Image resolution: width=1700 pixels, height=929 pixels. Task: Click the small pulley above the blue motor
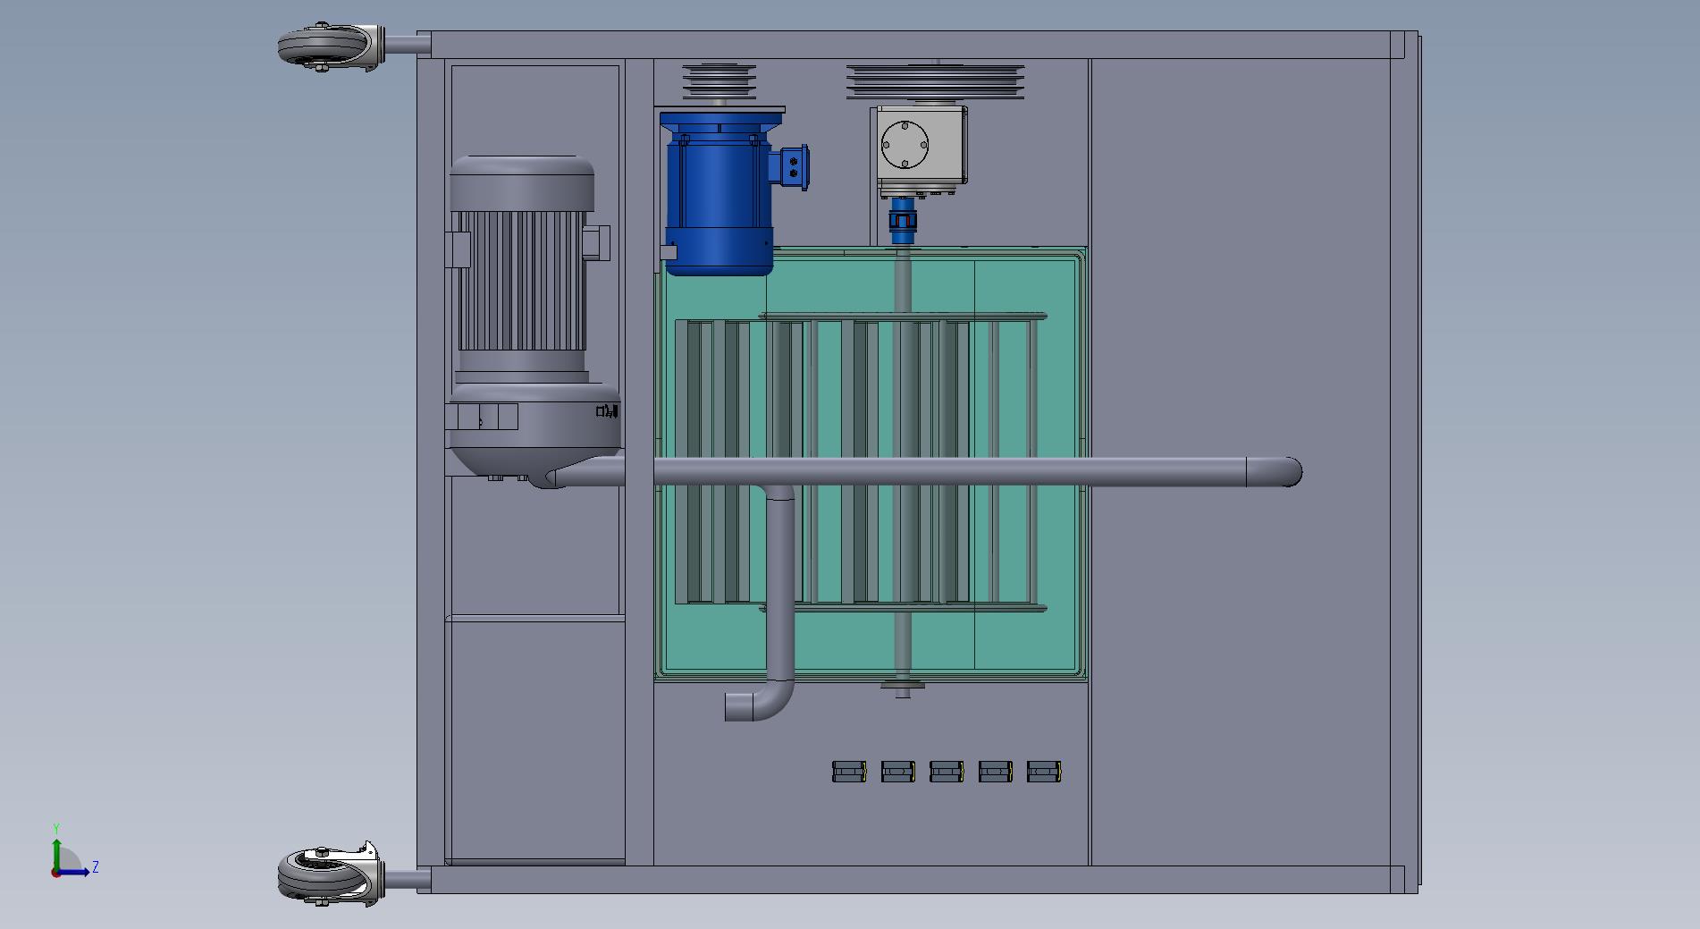pyautogui.click(x=719, y=81)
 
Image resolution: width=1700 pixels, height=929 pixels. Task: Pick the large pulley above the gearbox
pyautogui.click(x=935, y=80)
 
